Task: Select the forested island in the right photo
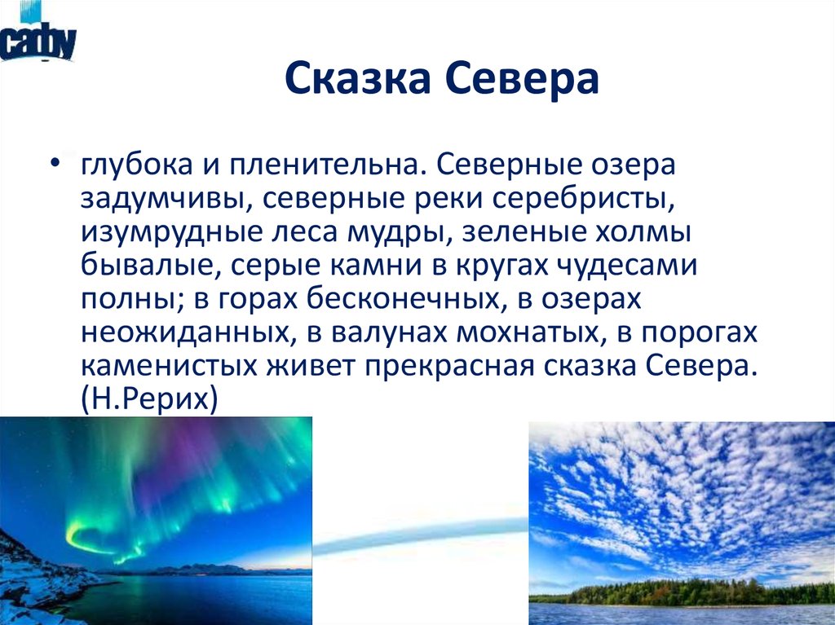(x=685, y=592)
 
